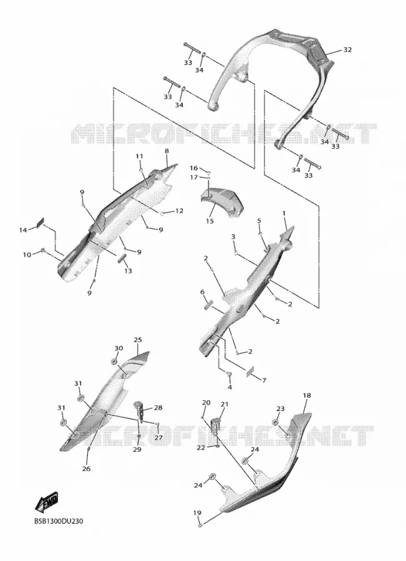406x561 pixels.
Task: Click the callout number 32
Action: tap(347, 50)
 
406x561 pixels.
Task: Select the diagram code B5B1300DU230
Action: tap(59, 521)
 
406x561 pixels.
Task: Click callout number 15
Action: tap(210, 221)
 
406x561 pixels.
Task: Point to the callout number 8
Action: tap(167, 151)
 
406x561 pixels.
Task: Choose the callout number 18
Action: tap(307, 395)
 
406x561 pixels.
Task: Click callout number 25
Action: tap(138, 340)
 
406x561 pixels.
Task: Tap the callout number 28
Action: tap(158, 408)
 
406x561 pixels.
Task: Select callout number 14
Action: tap(23, 230)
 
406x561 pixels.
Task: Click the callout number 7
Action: tap(264, 380)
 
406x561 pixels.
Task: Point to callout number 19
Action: tap(197, 513)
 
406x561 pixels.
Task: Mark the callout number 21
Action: tap(224, 405)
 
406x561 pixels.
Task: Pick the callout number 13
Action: tap(128, 271)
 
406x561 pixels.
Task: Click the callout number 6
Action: tap(202, 292)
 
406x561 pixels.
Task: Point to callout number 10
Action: tap(27, 255)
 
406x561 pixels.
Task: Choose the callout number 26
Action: tap(86, 469)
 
